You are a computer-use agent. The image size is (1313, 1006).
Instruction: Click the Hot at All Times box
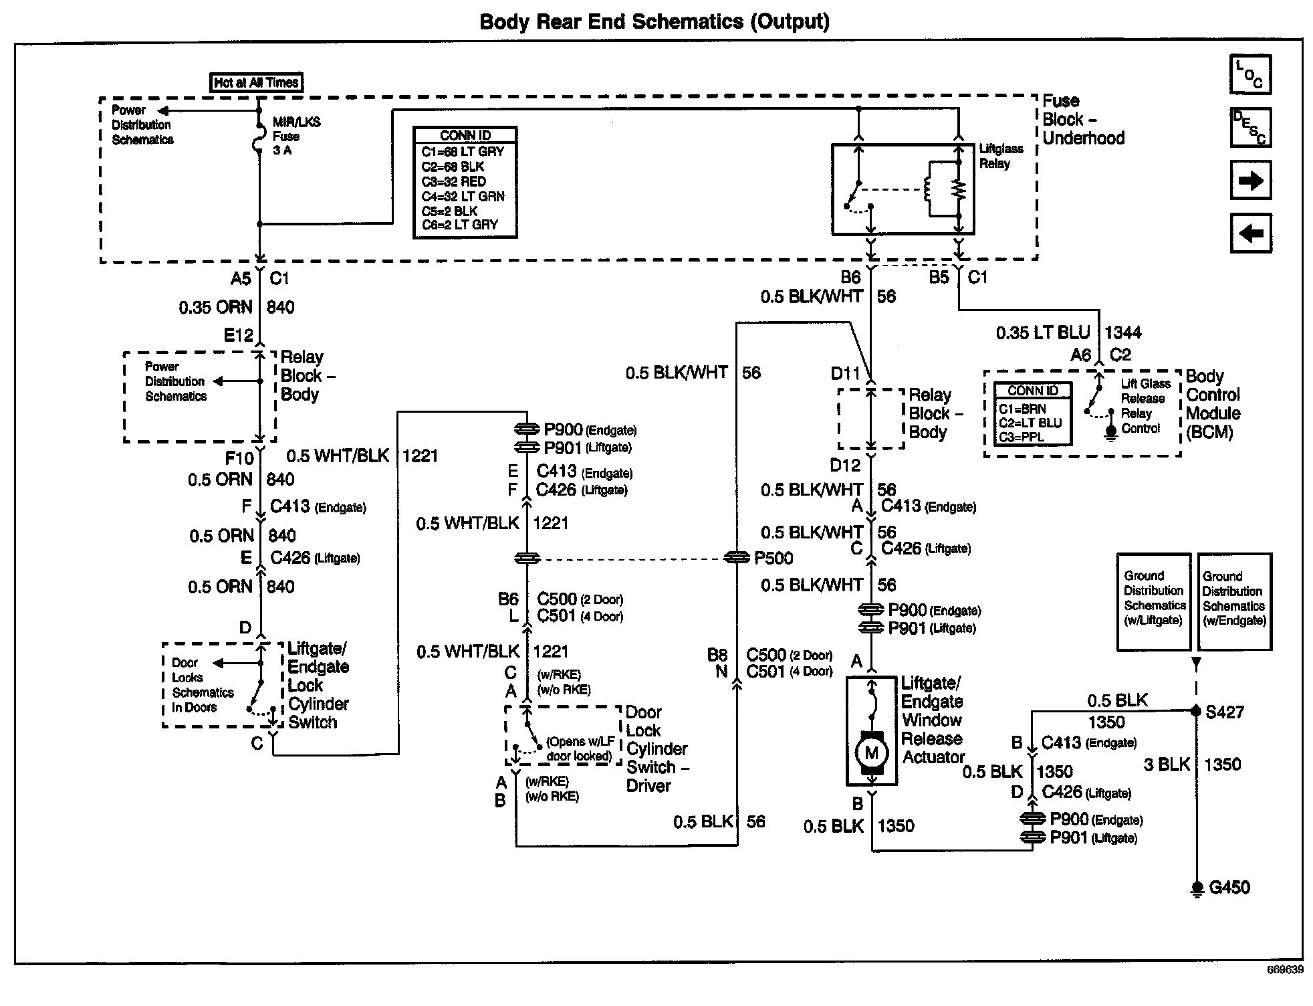point(256,82)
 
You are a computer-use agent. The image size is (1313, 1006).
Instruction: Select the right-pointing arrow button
point(1250,180)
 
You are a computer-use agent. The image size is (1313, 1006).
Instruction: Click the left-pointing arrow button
point(1250,233)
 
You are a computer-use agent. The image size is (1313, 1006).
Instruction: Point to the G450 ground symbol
point(1197,888)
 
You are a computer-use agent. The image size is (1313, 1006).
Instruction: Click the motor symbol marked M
point(871,752)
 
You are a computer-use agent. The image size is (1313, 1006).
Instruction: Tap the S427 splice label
point(1224,712)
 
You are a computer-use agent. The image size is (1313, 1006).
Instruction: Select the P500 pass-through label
point(773,558)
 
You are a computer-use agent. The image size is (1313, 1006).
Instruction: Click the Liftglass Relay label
point(1001,156)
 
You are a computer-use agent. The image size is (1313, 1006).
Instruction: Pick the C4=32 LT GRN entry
point(463,196)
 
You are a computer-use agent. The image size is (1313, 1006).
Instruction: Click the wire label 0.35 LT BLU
point(1043,332)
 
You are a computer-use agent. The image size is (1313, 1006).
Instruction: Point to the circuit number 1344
point(1123,332)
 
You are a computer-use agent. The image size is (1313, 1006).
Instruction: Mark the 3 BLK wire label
point(1167,764)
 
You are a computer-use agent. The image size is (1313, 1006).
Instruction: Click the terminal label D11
point(845,373)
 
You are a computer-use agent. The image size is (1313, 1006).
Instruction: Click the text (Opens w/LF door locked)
point(579,748)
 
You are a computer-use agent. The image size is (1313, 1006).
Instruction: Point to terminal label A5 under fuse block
point(241,278)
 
